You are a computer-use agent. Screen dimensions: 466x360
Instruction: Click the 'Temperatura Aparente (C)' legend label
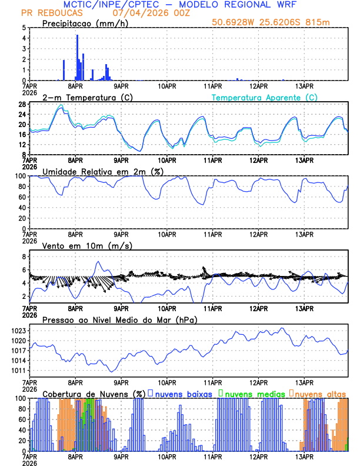coord(265,97)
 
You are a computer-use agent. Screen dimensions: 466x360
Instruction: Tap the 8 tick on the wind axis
coord(25,257)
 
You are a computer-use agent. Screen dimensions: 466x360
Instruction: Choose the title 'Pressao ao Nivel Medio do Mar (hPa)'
coord(119,320)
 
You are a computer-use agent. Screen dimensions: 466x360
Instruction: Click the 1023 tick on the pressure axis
coord(19,331)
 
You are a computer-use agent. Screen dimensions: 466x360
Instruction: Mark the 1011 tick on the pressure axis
coord(19,371)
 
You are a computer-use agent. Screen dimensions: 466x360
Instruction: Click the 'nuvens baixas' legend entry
coord(183,394)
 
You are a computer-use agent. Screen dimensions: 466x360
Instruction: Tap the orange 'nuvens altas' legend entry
coord(321,394)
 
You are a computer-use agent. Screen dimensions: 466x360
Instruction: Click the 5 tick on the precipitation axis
coord(25,28)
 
